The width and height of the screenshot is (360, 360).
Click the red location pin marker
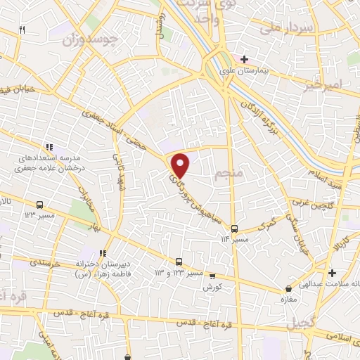click(x=181, y=165)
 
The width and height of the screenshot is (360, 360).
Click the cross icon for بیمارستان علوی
click(x=243, y=59)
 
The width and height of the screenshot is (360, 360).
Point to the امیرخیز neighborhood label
click(x=324, y=84)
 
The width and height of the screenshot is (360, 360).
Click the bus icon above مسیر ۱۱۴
click(x=234, y=229)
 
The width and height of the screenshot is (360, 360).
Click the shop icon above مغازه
click(x=288, y=288)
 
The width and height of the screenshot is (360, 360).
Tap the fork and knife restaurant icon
click(x=22, y=30)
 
